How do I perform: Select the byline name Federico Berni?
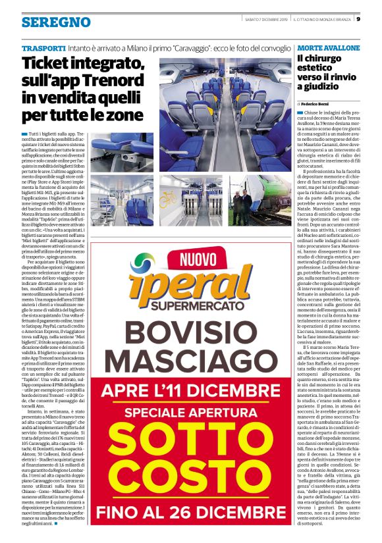pyautogui.click(x=319, y=104)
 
